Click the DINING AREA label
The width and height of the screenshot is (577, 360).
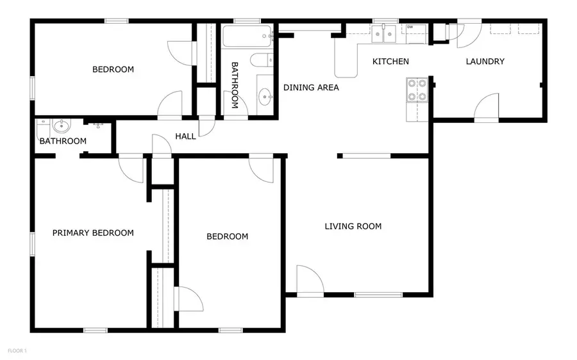click(x=311, y=88)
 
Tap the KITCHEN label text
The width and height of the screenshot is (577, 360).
click(x=390, y=61)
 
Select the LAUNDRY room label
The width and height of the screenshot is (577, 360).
click(x=485, y=61)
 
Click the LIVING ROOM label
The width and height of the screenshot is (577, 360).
click(x=353, y=226)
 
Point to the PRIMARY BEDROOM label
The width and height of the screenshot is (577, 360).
click(x=93, y=233)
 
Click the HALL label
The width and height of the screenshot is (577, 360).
click(x=185, y=136)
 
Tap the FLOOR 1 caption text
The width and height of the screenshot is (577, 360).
click(x=17, y=351)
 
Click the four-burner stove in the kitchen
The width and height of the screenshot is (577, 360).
click(x=417, y=90)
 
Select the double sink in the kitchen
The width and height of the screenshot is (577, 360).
click(x=389, y=34)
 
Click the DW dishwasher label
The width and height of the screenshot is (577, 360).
click(x=410, y=28)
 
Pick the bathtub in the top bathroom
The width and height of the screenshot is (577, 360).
click(x=247, y=37)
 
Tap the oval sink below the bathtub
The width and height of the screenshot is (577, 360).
click(x=264, y=97)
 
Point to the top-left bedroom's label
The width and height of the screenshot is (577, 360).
click(x=113, y=69)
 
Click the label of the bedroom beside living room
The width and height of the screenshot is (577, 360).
click(x=227, y=236)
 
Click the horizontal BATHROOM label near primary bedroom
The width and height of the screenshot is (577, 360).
click(x=63, y=141)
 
